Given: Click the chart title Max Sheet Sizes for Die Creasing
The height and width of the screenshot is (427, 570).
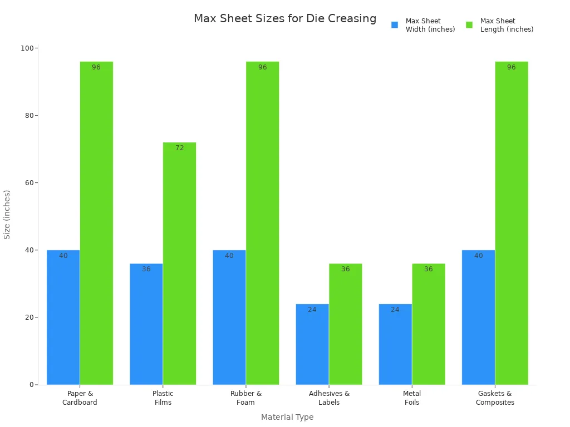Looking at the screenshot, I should pos(285,18).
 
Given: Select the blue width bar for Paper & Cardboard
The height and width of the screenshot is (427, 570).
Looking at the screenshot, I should pos(63,317).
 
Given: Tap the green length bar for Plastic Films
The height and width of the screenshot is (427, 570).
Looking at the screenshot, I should pos(179,264).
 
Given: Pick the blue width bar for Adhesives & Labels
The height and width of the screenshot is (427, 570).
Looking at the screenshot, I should pos(312,344).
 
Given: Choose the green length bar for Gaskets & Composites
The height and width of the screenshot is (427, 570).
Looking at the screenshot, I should pos(512,223).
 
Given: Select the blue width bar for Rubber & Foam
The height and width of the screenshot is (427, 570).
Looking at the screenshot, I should pos(229,317).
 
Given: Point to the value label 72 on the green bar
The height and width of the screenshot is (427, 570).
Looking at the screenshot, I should pos(179,148).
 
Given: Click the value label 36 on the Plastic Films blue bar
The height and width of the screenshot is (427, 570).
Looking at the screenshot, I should pos(146,269).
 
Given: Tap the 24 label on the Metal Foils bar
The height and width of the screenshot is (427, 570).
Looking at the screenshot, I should pos(395,310).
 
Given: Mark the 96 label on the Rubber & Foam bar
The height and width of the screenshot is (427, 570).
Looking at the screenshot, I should pos(262,67).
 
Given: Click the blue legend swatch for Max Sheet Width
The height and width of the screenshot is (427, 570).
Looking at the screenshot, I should pos(395,25).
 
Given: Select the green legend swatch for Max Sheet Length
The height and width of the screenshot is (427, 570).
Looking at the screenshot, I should pos(469,25).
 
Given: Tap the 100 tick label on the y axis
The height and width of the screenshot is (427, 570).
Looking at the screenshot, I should pos(26,48).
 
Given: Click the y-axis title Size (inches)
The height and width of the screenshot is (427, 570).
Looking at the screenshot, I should pos(7,215).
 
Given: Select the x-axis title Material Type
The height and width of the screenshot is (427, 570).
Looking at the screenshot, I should pos(287,417).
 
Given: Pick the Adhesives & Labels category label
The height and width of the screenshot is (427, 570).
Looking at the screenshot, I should pos(329,398).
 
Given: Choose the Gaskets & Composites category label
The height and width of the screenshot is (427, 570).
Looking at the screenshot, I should pos(495,398).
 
